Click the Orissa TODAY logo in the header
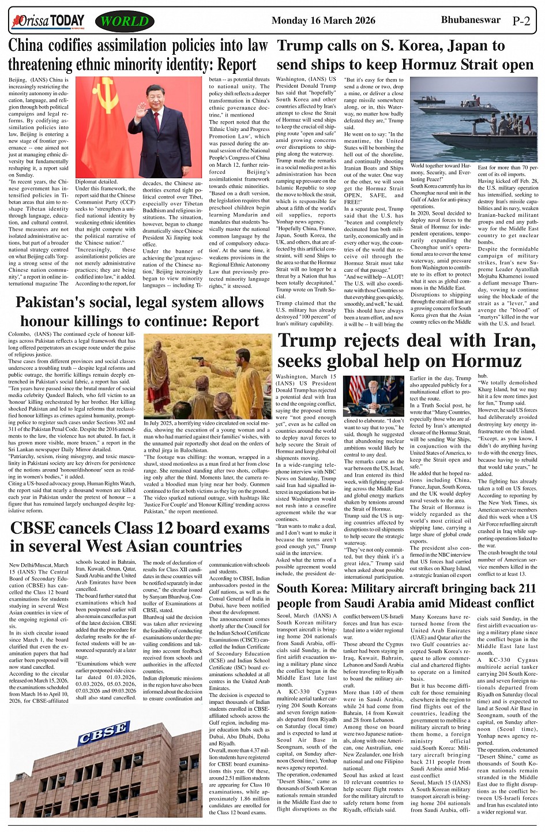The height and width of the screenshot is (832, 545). point(48,22)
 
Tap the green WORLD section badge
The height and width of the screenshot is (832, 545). point(125,22)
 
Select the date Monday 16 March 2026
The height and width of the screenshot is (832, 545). point(323,21)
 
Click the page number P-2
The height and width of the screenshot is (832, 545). point(521,21)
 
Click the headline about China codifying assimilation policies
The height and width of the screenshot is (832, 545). point(138,55)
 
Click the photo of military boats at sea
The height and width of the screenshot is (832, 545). point(473,119)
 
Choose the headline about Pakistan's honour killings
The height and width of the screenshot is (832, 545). point(140,312)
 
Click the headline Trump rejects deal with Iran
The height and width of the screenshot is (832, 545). point(407,350)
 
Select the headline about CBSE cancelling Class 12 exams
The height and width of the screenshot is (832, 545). point(140,537)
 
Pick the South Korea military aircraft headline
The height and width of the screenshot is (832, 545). point(407,595)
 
